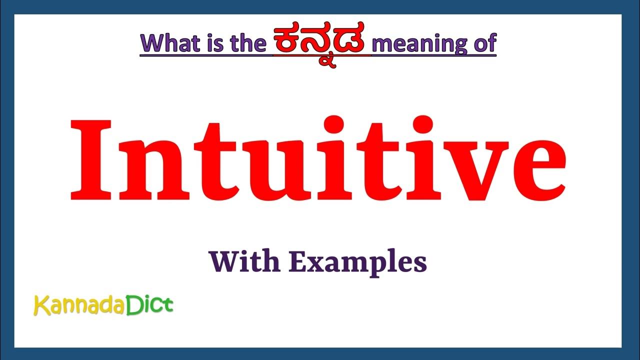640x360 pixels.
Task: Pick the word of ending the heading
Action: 483,43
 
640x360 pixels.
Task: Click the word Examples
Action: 357,262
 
